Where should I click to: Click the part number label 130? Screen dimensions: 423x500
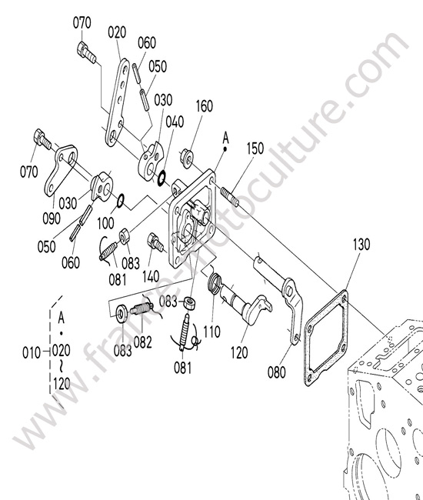361,245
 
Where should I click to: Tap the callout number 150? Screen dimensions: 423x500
255,148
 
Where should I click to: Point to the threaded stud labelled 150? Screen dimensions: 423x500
229,197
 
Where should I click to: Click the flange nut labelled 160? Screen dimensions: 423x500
187,157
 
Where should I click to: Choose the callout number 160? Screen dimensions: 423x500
204,106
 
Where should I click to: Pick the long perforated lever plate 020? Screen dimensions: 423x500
118,102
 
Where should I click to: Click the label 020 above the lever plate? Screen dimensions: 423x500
117,32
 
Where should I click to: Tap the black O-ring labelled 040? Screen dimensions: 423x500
162,178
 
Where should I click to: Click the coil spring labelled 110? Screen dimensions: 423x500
215,283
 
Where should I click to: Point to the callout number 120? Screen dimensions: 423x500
239,352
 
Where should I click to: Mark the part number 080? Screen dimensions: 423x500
276,372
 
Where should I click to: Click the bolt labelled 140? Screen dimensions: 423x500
155,242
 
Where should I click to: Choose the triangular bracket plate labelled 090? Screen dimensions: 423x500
62,170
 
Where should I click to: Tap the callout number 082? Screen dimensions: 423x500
142,342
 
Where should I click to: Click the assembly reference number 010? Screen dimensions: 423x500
32,353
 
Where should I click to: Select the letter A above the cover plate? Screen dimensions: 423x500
225,138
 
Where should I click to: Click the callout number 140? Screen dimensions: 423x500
151,276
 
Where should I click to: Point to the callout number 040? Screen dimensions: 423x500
175,122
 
